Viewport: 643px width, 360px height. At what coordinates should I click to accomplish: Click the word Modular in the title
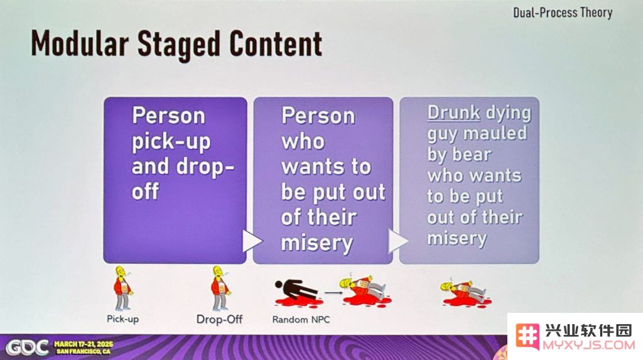click(80, 43)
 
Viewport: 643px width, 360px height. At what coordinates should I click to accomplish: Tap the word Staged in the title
click(179, 45)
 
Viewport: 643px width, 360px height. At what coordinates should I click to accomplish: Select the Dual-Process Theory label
click(563, 13)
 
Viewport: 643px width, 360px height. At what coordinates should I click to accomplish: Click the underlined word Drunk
click(453, 112)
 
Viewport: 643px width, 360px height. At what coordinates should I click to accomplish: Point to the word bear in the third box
click(472, 155)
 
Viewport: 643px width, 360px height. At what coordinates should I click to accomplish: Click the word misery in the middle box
click(317, 243)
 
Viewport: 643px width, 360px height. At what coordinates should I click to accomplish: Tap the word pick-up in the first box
click(171, 142)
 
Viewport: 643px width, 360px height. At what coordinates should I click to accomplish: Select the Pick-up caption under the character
click(122, 319)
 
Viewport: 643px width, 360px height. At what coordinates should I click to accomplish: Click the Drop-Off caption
click(219, 319)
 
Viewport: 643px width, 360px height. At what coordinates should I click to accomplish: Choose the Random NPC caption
click(301, 319)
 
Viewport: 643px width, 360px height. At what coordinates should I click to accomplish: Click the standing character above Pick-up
click(123, 288)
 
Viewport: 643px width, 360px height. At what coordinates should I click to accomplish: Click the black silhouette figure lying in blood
click(296, 289)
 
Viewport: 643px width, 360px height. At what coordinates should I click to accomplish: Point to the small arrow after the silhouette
click(333, 293)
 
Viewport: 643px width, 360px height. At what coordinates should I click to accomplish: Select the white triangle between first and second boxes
click(252, 241)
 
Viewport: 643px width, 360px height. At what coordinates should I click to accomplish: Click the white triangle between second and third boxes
click(397, 241)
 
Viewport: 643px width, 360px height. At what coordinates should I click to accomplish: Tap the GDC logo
click(27, 347)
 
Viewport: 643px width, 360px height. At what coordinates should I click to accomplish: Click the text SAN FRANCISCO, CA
click(84, 351)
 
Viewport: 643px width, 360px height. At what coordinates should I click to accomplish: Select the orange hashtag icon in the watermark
click(527, 337)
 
